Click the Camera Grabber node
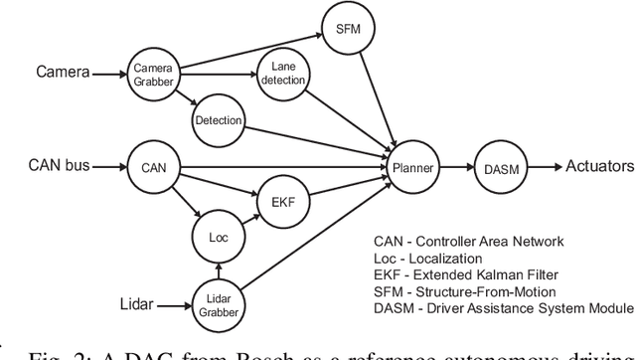click(x=154, y=73)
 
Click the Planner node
click(x=410, y=168)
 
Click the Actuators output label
click(x=600, y=168)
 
